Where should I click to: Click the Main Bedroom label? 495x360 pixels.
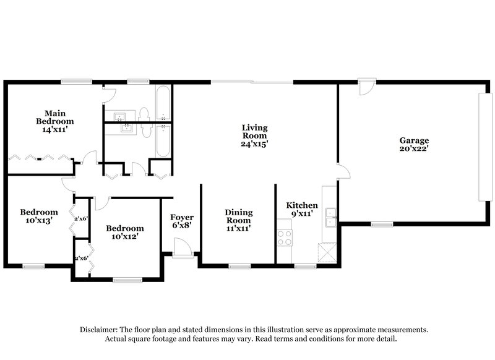coord(54,121)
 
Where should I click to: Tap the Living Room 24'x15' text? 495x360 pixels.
coord(254,135)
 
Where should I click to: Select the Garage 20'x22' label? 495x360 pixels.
coord(414,144)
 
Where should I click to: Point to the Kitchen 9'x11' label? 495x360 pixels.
coord(302,209)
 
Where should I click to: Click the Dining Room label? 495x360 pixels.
coord(238,220)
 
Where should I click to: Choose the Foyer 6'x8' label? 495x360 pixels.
coord(182,221)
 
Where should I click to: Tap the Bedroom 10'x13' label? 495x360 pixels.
coord(39,216)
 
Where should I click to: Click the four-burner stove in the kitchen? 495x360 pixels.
coord(284,237)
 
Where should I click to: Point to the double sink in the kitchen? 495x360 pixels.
coord(332,215)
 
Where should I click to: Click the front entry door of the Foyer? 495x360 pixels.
coord(182,251)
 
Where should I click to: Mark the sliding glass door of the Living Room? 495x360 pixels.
coord(252,82)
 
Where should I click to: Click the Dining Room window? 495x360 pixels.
coord(238,267)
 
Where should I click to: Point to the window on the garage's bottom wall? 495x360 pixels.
coord(382,224)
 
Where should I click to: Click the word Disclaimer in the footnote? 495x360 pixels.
coord(100,330)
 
